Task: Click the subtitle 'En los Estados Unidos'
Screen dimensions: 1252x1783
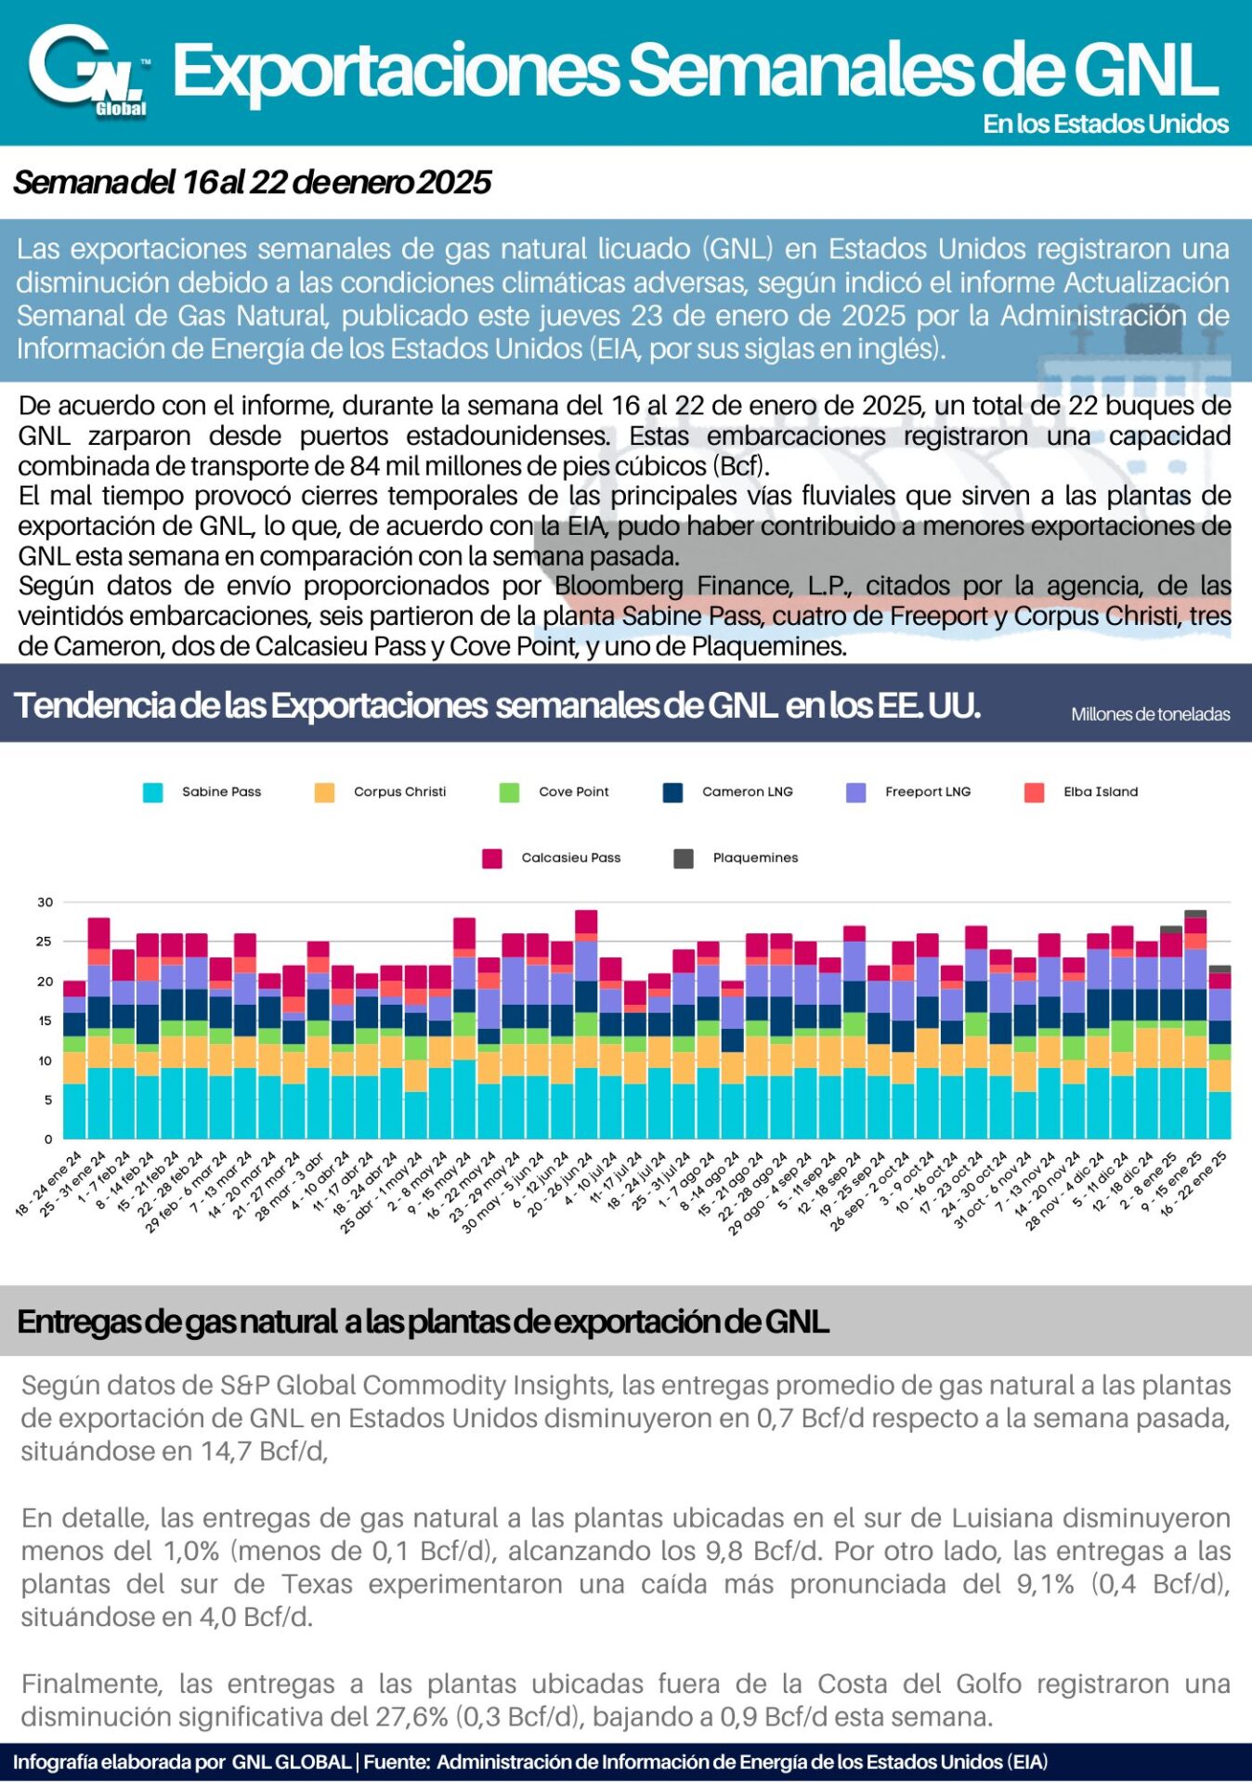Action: point(1106,124)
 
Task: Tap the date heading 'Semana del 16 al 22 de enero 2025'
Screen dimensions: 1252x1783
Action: point(252,182)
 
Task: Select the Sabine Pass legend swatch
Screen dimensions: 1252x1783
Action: point(152,792)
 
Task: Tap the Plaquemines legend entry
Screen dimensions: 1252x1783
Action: point(736,858)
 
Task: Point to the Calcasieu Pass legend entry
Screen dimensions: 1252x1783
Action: point(552,858)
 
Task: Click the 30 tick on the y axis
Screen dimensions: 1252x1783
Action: point(46,902)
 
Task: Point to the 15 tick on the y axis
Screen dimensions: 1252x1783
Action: point(46,1021)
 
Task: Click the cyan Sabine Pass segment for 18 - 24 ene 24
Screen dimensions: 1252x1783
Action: point(74,1111)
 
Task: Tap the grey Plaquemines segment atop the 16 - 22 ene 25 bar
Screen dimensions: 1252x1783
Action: point(1219,970)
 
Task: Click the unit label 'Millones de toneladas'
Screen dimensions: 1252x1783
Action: point(1151,714)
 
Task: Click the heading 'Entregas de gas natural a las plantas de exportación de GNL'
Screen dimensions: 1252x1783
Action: point(423,1321)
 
